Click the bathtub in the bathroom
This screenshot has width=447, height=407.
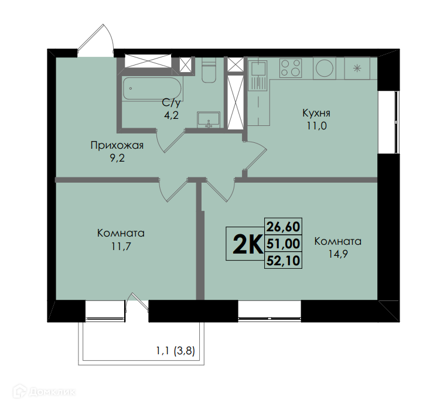click(x=152, y=88)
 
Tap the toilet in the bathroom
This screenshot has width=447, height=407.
click(x=209, y=70)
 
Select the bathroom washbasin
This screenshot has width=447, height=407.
click(x=209, y=119)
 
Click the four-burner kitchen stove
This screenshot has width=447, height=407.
click(x=291, y=68)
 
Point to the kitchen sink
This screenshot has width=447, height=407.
click(x=258, y=75)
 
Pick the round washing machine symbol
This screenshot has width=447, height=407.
click(x=325, y=68)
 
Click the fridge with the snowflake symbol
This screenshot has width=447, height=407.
click(x=357, y=68)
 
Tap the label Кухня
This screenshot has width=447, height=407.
click(x=316, y=113)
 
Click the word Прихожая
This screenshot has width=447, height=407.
click(x=117, y=145)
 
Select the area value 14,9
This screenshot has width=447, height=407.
click(x=338, y=254)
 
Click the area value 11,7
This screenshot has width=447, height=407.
click(x=121, y=246)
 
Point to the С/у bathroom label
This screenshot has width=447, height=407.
click(x=171, y=102)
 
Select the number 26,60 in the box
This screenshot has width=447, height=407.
click(x=284, y=227)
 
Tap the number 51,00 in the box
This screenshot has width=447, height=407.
click(x=284, y=244)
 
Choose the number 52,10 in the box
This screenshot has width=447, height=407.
click(x=284, y=261)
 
